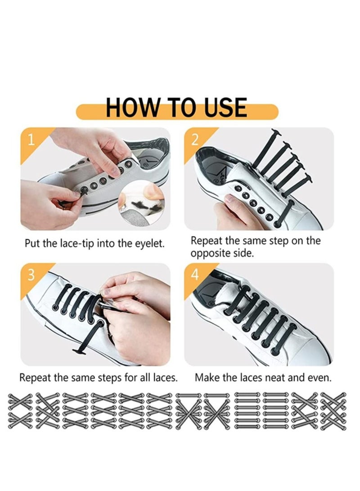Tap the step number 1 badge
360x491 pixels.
click(x=31, y=140)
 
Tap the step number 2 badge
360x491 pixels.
click(x=194, y=140)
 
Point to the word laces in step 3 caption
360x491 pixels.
click(x=162, y=377)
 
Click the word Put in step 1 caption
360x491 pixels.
click(x=33, y=244)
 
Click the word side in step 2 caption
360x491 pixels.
click(x=243, y=253)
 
